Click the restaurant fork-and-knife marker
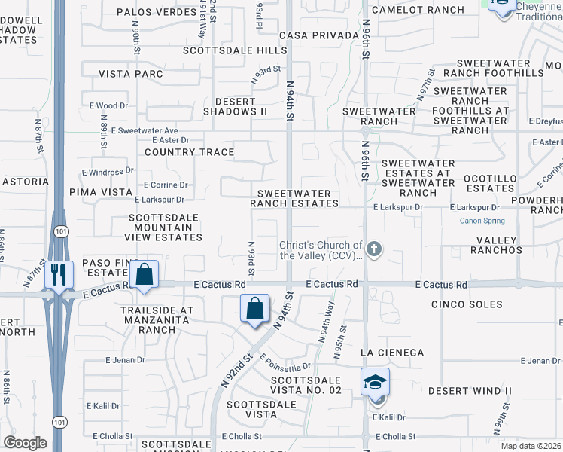coord(58,274)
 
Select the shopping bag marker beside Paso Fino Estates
coord(146,274)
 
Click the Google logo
coord(25,443)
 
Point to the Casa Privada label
coord(318,35)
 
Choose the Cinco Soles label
coord(467,304)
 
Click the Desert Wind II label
coord(470,391)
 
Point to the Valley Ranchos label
coord(498,244)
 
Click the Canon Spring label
coord(482,221)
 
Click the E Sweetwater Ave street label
coord(144,130)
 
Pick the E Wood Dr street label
coord(108,106)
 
